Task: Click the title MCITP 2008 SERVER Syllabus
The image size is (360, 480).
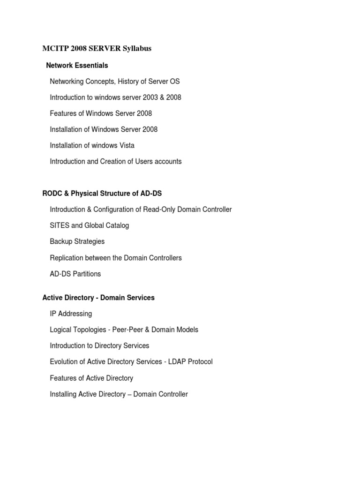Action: coord(97,48)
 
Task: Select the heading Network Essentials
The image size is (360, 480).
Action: coord(77,65)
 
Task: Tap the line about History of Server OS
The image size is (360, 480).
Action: coord(114,81)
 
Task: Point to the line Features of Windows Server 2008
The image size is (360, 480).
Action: coord(101,113)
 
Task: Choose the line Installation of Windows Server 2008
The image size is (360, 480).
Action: coord(104,129)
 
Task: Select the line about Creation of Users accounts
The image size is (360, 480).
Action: coord(115,161)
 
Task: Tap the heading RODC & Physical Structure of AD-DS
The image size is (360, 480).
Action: coord(102,193)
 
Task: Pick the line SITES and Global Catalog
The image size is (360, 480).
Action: coord(89,225)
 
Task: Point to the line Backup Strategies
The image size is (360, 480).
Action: coord(77,241)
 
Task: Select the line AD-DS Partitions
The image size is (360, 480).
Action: coord(75,273)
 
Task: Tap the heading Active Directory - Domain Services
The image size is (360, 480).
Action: coord(98,297)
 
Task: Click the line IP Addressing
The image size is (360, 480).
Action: coord(71,313)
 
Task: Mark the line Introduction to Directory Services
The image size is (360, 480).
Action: coord(99,345)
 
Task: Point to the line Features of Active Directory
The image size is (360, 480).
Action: coord(91,378)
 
